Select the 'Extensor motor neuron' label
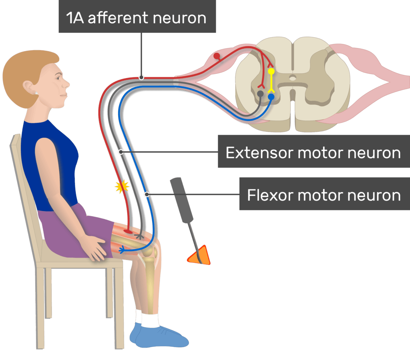pyautogui.click(x=313, y=153)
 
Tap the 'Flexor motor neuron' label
pyautogui.click(x=324, y=195)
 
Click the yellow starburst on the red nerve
pyautogui.click(x=122, y=186)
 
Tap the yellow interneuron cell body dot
pyautogui.click(x=271, y=72)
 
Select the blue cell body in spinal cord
pyautogui.click(x=271, y=97)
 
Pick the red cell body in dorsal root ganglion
pyautogui.click(x=217, y=56)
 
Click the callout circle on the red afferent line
pyautogui.click(x=141, y=77)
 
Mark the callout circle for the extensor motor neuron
pyautogui.click(x=121, y=152)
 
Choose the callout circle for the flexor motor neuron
pyautogui.click(x=147, y=195)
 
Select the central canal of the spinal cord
pyautogui.click(x=293, y=78)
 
